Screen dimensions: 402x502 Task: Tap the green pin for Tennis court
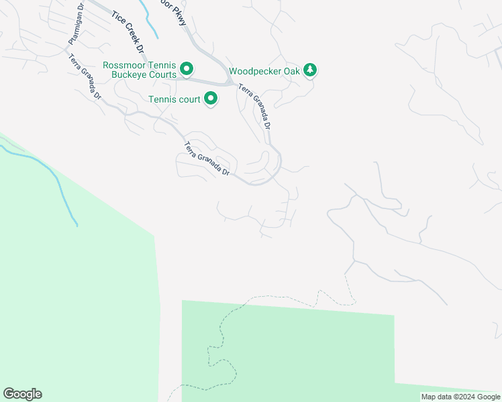[x=211, y=100]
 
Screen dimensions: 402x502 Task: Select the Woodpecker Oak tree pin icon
[x=309, y=70]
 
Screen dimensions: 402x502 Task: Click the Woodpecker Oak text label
[x=263, y=70]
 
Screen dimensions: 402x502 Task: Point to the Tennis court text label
[x=174, y=100]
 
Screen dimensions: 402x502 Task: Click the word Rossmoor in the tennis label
[x=124, y=65]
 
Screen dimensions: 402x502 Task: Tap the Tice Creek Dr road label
[x=128, y=32]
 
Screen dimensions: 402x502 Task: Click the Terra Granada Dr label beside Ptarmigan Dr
[x=85, y=76]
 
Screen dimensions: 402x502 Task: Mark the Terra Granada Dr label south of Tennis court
[x=207, y=159]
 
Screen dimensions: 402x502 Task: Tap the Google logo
[x=22, y=394]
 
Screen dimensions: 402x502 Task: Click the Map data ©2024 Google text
[x=460, y=397]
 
